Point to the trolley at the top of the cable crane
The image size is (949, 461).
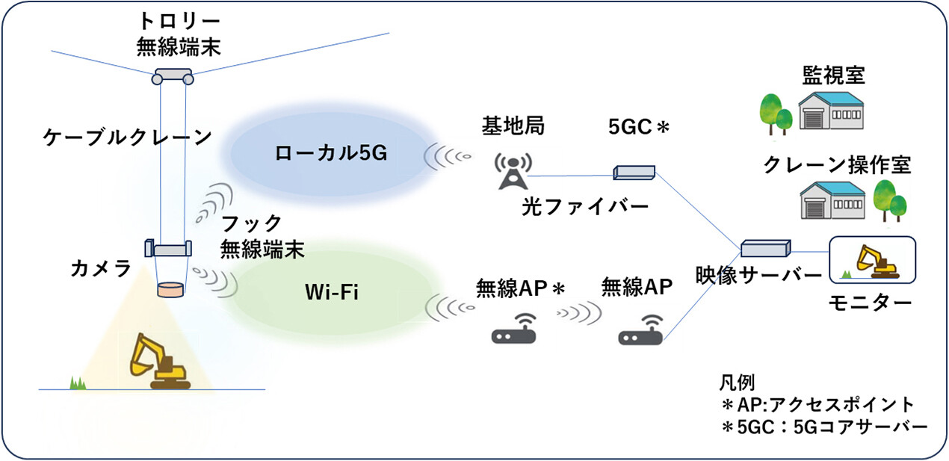[173, 76]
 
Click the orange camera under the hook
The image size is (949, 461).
[171, 288]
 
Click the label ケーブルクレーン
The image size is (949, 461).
[126, 137]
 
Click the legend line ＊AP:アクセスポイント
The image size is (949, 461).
[817, 405]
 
